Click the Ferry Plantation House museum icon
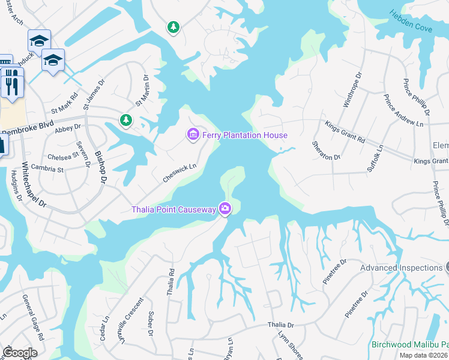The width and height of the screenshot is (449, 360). (193, 135)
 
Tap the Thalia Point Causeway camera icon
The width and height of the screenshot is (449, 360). (225, 209)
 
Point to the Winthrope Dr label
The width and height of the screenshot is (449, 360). (353, 90)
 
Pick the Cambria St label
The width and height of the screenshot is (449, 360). (47, 169)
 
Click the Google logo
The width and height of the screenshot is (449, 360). (20, 353)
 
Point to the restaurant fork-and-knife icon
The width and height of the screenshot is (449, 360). (11, 82)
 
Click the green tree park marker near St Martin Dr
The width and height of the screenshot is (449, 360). (126, 120)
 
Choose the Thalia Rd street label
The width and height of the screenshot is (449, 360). (171, 282)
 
